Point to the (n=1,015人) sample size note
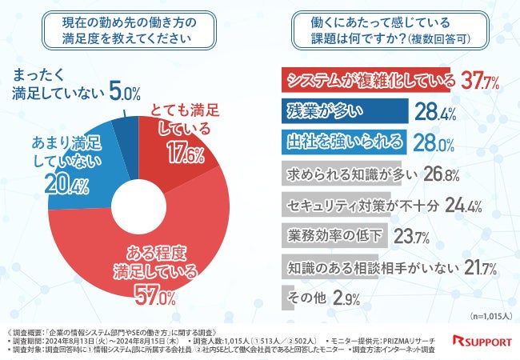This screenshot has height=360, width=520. (x=488, y=315)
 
